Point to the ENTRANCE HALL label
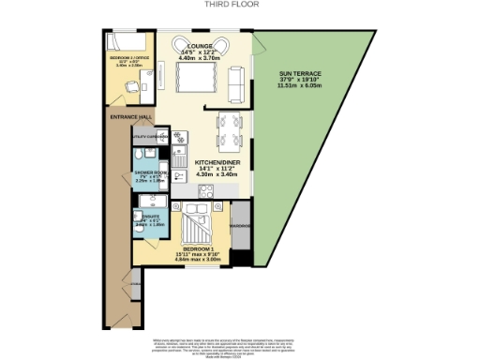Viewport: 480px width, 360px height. [130, 117]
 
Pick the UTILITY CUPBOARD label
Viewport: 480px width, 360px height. [150, 137]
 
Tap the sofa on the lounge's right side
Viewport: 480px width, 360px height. [237, 85]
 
